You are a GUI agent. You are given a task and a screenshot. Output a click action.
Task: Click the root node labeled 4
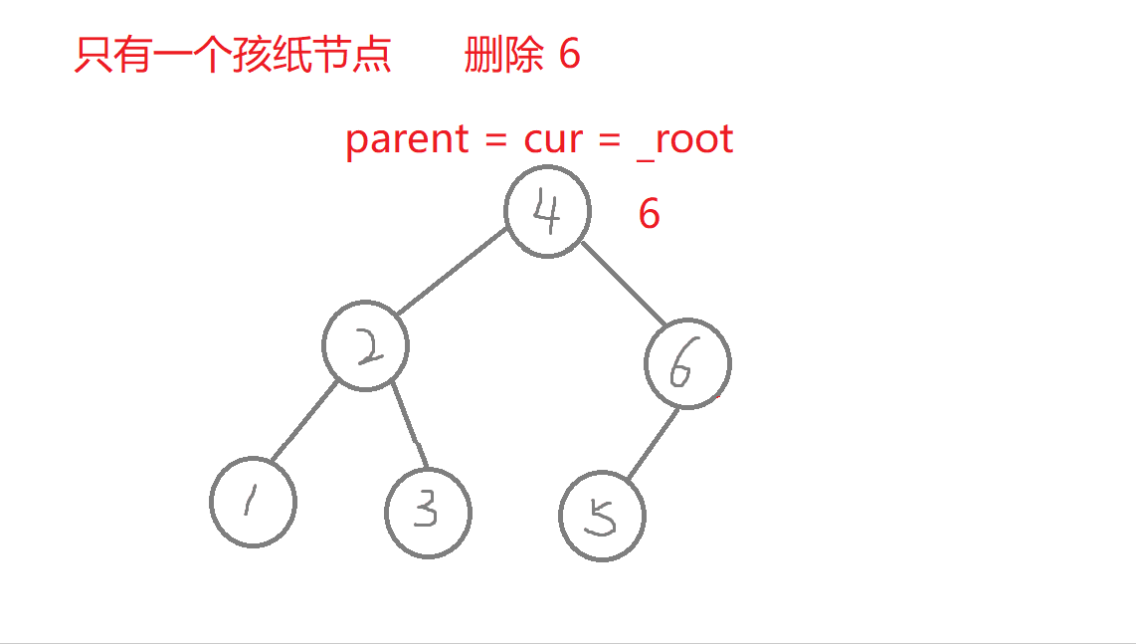(x=547, y=212)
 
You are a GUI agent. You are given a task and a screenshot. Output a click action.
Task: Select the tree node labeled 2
(x=365, y=346)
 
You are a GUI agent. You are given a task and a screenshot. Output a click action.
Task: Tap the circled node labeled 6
(x=687, y=363)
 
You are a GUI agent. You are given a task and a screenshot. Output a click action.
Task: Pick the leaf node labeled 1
(x=253, y=502)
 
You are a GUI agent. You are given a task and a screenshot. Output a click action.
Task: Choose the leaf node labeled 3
(x=428, y=513)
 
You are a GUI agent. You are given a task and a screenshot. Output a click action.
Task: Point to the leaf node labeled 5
(x=602, y=517)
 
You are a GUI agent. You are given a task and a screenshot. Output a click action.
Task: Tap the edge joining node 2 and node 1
(x=304, y=422)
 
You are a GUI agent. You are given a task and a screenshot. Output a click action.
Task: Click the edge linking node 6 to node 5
(x=653, y=444)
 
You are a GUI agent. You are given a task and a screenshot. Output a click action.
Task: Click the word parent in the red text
(x=406, y=139)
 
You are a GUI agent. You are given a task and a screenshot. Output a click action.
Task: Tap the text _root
(x=686, y=139)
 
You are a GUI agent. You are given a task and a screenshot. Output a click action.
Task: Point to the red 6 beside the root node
(x=649, y=214)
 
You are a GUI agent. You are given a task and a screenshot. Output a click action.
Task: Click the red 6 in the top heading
(x=569, y=54)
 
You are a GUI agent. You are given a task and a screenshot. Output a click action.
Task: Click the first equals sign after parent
(x=495, y=140)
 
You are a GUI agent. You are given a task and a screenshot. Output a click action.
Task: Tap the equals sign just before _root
(x=609, y=140)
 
